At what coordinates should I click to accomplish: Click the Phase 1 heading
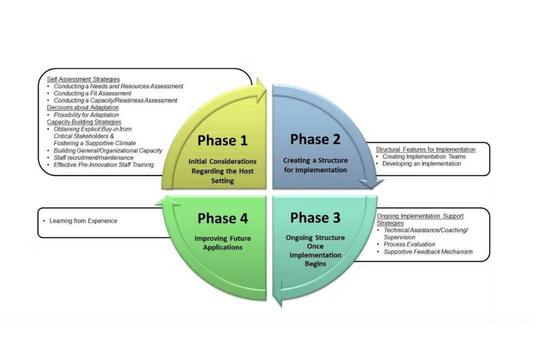[x=222, y=140]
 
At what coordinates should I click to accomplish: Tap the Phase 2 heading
[x=315, y=139]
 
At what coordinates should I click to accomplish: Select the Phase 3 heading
[x=315, y=218]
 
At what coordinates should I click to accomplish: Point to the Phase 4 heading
[x=222, y=218]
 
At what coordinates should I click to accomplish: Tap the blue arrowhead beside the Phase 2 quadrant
[x=372, y=183]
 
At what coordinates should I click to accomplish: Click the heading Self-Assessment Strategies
[x=83, y=79]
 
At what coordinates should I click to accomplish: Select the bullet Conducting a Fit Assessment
[x=92, y=93]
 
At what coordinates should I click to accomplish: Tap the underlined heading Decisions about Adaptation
[x=82, y=107]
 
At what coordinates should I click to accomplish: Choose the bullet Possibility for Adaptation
[x=86, y=115]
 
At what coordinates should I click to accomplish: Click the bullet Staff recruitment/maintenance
[x=93, y=157]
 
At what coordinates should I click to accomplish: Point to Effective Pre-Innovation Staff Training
[x=103, y=164]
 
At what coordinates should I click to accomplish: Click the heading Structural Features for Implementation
[x=425, y=149]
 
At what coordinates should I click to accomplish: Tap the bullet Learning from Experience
[x=83, y=220]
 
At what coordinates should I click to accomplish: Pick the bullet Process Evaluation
[x=409, y=244]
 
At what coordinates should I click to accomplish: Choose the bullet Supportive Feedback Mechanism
[x=427, y=251]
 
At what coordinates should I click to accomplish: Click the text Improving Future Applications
[x=222, y=242]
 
